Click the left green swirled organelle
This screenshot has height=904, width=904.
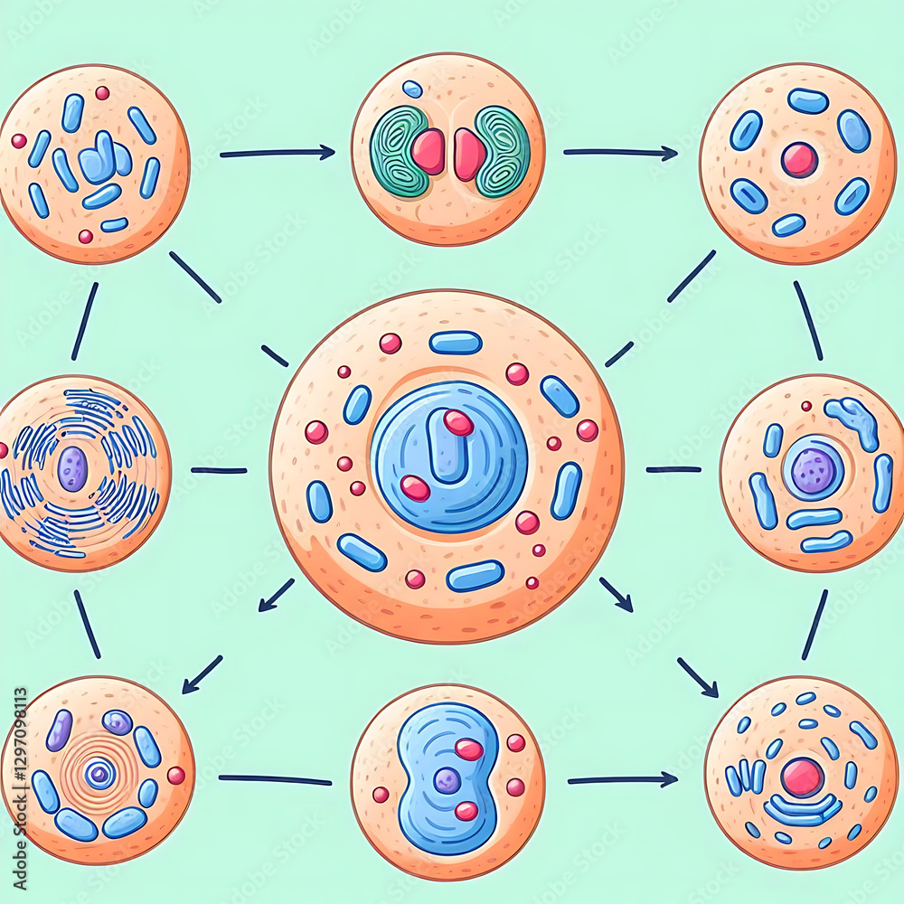(x=399, y=151)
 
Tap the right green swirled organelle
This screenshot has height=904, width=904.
(x=503, y=151)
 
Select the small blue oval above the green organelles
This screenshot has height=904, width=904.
(x=412, y=89)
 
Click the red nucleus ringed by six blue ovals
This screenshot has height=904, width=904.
(x=799, y=159)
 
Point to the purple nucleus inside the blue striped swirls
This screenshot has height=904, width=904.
(x=72, y=468)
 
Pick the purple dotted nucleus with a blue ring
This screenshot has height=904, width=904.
(x=813, y=470)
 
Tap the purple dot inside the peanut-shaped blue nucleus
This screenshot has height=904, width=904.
(x=447, y=780)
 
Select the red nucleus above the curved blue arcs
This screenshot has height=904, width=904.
(x=802, y=777)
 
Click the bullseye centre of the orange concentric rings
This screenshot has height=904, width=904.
(x=99, y=773)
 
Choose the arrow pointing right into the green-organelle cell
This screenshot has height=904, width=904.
(x=277, y=154)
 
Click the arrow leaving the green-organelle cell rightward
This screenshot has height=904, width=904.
(x=620, y=153)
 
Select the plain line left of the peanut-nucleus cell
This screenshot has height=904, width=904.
(x=275, y=779)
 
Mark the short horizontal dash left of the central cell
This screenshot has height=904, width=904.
(x=219, y=470)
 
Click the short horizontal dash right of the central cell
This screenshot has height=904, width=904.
(x=673, y=469)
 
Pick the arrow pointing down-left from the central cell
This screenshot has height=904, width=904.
(x=276, y=596)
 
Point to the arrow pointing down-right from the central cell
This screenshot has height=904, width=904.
(x=616, y=595)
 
